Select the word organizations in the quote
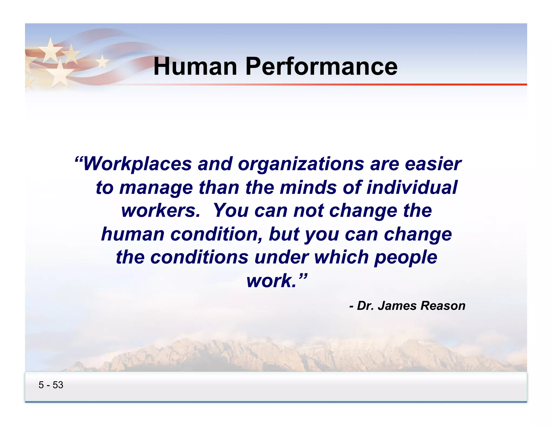click(301, 164)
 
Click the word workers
click(161, 211)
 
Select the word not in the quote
click(308, 211)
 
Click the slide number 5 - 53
click(51, 385)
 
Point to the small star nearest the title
click(102, 62)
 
